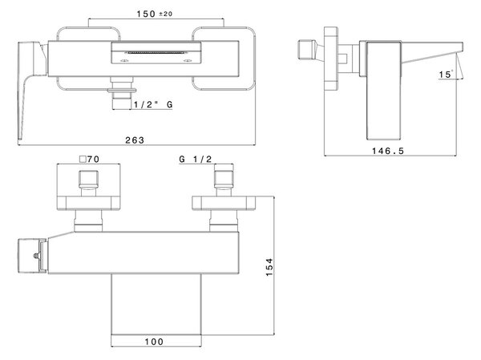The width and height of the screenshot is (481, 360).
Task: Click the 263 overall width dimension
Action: tap(135, 140)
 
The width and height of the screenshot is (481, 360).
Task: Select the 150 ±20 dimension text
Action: tap(154, 14)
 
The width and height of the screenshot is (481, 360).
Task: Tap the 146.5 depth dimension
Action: tap(388, 151)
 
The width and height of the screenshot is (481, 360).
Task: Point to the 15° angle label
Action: tap(446, 75)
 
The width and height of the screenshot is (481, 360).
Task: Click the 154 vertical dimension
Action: tap(269, 267)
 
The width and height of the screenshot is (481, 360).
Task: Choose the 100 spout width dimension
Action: tap(154, 342)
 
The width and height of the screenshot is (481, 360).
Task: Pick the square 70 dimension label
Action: tap(89, 160)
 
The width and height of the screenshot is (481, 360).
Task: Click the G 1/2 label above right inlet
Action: tap(196, 159)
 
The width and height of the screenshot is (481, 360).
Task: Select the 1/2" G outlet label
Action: tap(153, 104)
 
